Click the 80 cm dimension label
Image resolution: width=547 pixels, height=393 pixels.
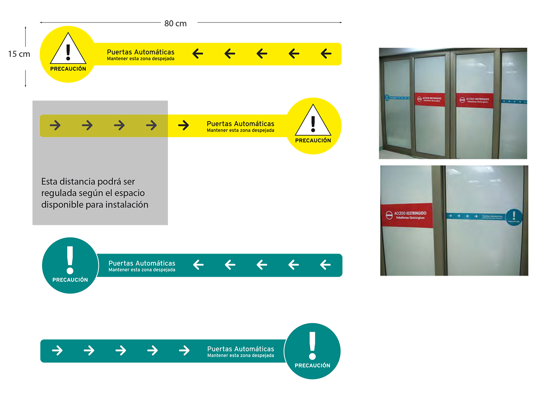coord(175,24)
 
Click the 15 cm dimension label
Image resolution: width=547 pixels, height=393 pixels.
coord(19,54)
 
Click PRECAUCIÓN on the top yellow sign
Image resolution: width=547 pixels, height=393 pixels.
coord(68,69)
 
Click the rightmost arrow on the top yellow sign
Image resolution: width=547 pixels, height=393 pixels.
coord(326,54)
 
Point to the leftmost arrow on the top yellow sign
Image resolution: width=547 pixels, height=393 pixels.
coord(198,54)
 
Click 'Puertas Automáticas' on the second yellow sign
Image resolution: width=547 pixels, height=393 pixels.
coord(240,124)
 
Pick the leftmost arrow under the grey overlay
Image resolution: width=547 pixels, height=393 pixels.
coord(55,125)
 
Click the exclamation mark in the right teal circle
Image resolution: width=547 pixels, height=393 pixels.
coord(312,345)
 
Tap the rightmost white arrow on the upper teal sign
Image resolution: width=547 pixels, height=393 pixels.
coord(325,265)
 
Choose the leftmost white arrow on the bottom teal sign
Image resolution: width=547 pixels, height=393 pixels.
coord(57,350)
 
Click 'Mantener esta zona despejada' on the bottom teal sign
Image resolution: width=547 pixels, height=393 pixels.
coord(240,356)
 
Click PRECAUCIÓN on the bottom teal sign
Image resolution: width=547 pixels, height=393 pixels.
coord(312,366)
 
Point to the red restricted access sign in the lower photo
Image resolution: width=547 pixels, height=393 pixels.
coord(407,216)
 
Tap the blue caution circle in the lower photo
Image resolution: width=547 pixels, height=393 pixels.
coord(514,217)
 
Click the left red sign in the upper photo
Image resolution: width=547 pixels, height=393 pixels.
coord(429,99)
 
